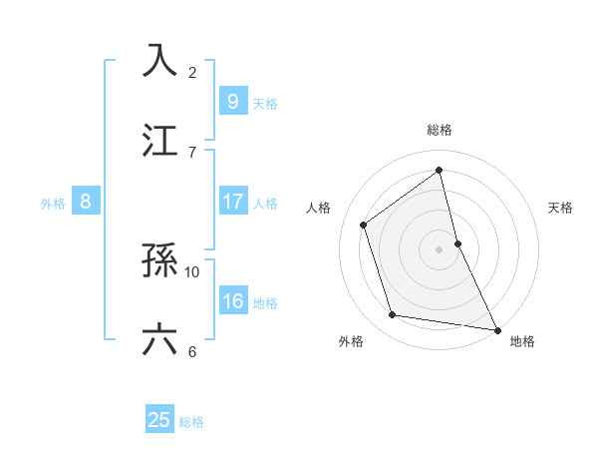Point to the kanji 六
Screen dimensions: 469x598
pyautogui.click(x=160, y=339)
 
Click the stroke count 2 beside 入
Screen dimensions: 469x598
pyautogui.click(x=192, y=73)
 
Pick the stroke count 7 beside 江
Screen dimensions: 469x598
pyautogui.click(x=192, y=152)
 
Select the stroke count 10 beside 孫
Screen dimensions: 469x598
pyautogui.click(x=192, y=271)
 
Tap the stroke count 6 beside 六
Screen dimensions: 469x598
pyautogui.click(x=192, y=351)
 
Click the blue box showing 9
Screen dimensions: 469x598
pyautogui.click(x=232, y=102)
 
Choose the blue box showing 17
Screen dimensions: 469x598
pyautogui.click(x=232, y=203)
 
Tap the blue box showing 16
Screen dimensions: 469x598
pyautogui.click(x=232, y=302)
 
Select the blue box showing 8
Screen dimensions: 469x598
pyautogui.click(x=85, y=203)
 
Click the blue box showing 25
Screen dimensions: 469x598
pyautogui.click(x=159, y=420)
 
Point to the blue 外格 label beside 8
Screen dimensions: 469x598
pyautogui.click(x=53, y=204)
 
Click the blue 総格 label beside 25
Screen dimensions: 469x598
pyautogui.click(x=191, y=422)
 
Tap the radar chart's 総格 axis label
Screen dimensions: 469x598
pyautogui.click(x=440, y=130)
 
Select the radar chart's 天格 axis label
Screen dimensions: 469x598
pyautogui.click(x=561, y=208)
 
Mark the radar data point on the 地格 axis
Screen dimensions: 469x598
pyautogui.click(x=496, y=328)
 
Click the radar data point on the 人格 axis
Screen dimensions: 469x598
pyautogui.click(x=364, y=225)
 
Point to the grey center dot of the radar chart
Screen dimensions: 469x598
pyautogui.click(x=440, y=248)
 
